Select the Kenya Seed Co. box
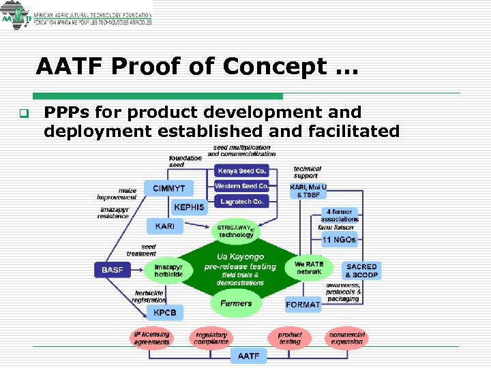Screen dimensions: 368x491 pos(242,170)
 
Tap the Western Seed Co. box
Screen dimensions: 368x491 pos(242,186)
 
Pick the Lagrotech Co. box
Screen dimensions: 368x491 pos(242,202)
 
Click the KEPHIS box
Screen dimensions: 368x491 pos(189,207)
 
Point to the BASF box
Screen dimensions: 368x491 pos(113,270)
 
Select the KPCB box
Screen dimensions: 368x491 pos(164,313)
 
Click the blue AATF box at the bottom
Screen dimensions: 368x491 pos(248,356)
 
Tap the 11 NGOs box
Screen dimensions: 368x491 pos(339,240)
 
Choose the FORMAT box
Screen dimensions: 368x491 pos(303,305)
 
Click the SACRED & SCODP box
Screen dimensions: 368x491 pos(361,270)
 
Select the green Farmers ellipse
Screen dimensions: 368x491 pos(236,303)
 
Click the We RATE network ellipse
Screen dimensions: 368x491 pos(309,267)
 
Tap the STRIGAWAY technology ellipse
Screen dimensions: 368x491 pos(236,231)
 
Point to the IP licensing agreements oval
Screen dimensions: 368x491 pos(151,338)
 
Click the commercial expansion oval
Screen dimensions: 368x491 pos(347,338)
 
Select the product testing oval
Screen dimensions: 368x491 pos(289,338)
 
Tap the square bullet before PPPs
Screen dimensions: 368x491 pos(23,113)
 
